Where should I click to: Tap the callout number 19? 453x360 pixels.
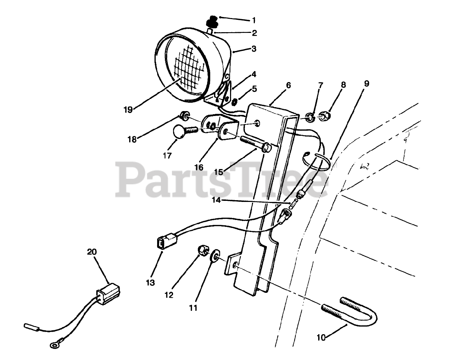pos(128,110)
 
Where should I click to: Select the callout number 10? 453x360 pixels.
pos(321,337)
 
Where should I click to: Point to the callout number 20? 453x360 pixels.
pos(92,252)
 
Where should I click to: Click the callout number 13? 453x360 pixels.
pos(150,283)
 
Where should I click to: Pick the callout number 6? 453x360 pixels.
pos(288,85)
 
